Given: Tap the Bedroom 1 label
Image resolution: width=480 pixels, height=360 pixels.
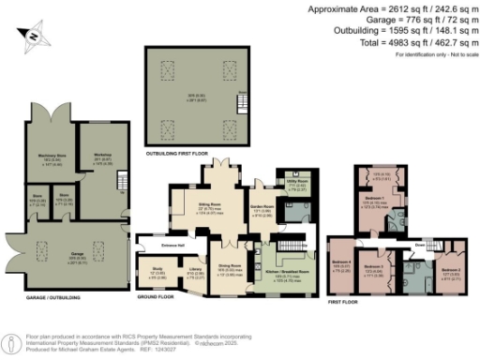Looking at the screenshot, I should click(x=374, y=201).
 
